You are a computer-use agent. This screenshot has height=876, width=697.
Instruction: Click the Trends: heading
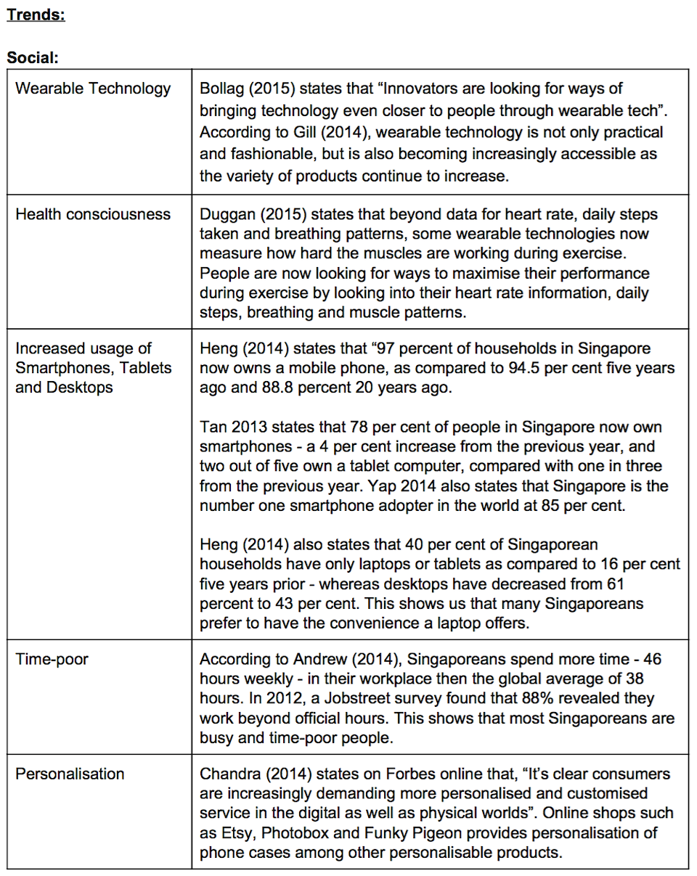tap(36, 15)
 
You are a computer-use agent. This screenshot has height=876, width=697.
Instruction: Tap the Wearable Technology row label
tap(93, 89)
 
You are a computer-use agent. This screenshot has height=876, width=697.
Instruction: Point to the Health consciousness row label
tap(93, 214)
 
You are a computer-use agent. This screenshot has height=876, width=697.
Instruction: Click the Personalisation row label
tap(70, 774)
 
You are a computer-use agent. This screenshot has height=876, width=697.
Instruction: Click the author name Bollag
tap(221, 89)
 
